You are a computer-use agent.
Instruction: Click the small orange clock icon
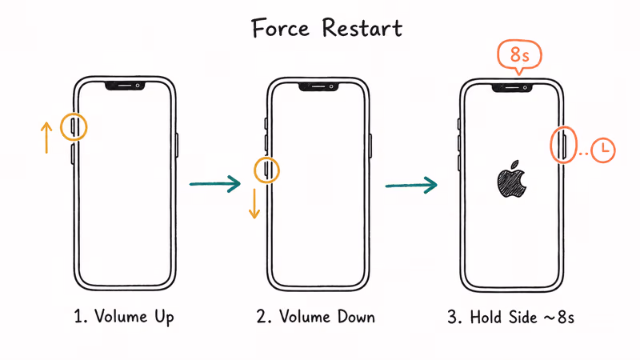(x=602, y=148)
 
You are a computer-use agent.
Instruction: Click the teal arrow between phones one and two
(x=214, y=185)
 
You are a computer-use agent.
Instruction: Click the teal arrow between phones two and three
(x=411, y=186)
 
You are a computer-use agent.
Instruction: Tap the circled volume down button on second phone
(x=267, y=170)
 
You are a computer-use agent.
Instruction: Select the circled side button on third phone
(x=563, y=146)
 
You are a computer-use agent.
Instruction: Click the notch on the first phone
(x=124, y=84)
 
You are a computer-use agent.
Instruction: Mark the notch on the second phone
(x=318, y=86)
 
